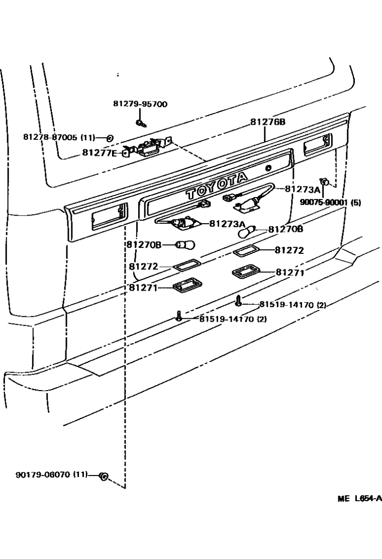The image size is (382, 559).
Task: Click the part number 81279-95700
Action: coord(140,104)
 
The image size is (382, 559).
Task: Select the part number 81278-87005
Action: coord(51,137)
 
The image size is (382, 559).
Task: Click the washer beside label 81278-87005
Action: coord(110,137)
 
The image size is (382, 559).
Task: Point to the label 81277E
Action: coord(100,152)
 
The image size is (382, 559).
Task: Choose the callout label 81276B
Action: coord(268,122)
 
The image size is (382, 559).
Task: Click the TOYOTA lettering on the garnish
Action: coord(216,185)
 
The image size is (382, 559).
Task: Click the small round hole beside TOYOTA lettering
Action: coord(268,168)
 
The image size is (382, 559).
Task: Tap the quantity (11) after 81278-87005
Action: coord(87,137)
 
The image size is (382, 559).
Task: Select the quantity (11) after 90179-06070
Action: coord(79,474)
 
